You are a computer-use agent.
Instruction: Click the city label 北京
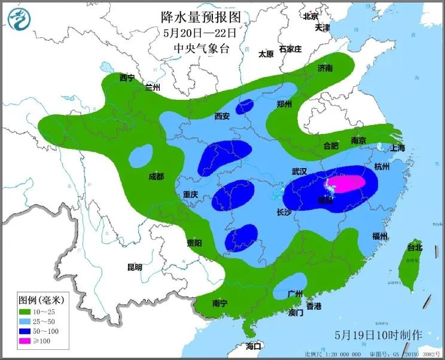(310, 16)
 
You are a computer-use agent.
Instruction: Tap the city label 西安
(222, 117)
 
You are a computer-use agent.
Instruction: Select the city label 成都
(156, 176)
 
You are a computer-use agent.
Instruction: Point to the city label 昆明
(135, 267)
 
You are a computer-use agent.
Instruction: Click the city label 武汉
(299, 171)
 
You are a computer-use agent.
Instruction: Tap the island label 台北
(414, 247)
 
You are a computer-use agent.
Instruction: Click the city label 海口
(254, 346)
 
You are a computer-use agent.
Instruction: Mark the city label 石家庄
(290, 49)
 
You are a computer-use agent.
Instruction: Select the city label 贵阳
(194, 243)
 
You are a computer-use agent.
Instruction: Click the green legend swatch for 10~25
(25, 312)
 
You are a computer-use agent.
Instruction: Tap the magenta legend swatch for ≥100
(25, 341)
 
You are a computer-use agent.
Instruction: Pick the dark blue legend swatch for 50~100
(25, 331)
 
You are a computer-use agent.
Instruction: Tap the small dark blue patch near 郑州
(244, 107)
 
